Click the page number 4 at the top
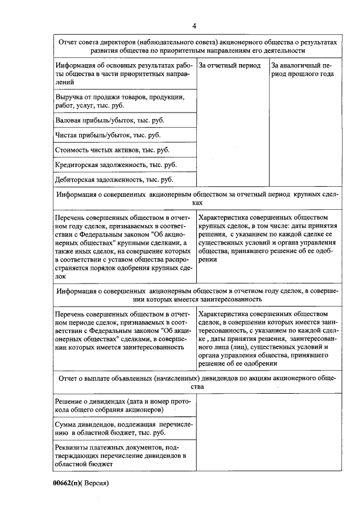click(194, 25)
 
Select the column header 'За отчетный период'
click(230, 66)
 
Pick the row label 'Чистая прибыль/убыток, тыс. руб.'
click(107, 135)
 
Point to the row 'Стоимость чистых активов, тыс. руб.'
click(112, 150)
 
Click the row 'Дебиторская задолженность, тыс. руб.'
click(114, 179)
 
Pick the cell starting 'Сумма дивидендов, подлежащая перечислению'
click(123, 429)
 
